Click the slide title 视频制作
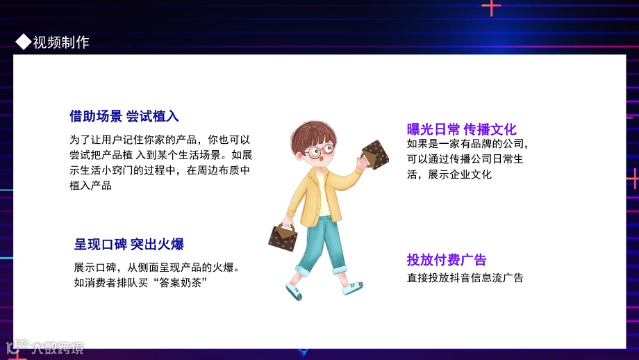coord(61,42)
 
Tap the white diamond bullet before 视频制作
coord(24,42)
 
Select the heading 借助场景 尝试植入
coord(124,116)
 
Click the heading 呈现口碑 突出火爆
coord(128,245)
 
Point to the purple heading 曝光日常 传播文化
coord(461,129)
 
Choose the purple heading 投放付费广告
coord(447,260)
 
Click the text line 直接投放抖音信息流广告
coord(465,278)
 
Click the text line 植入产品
coord(90,186)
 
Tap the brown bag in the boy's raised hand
coord(375,155)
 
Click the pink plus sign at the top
coord(491,7)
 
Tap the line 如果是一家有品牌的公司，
coord(468,145)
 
